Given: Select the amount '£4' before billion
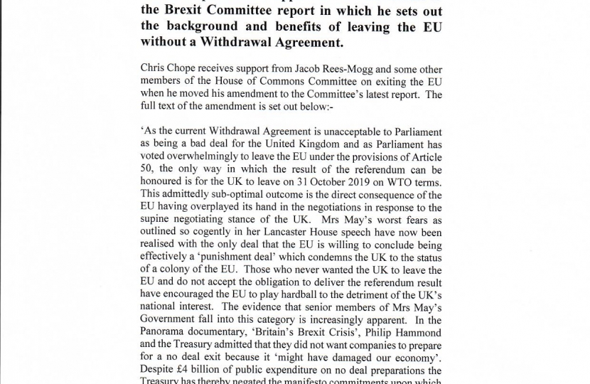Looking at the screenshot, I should pyautogui.click(x=186, y=370).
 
